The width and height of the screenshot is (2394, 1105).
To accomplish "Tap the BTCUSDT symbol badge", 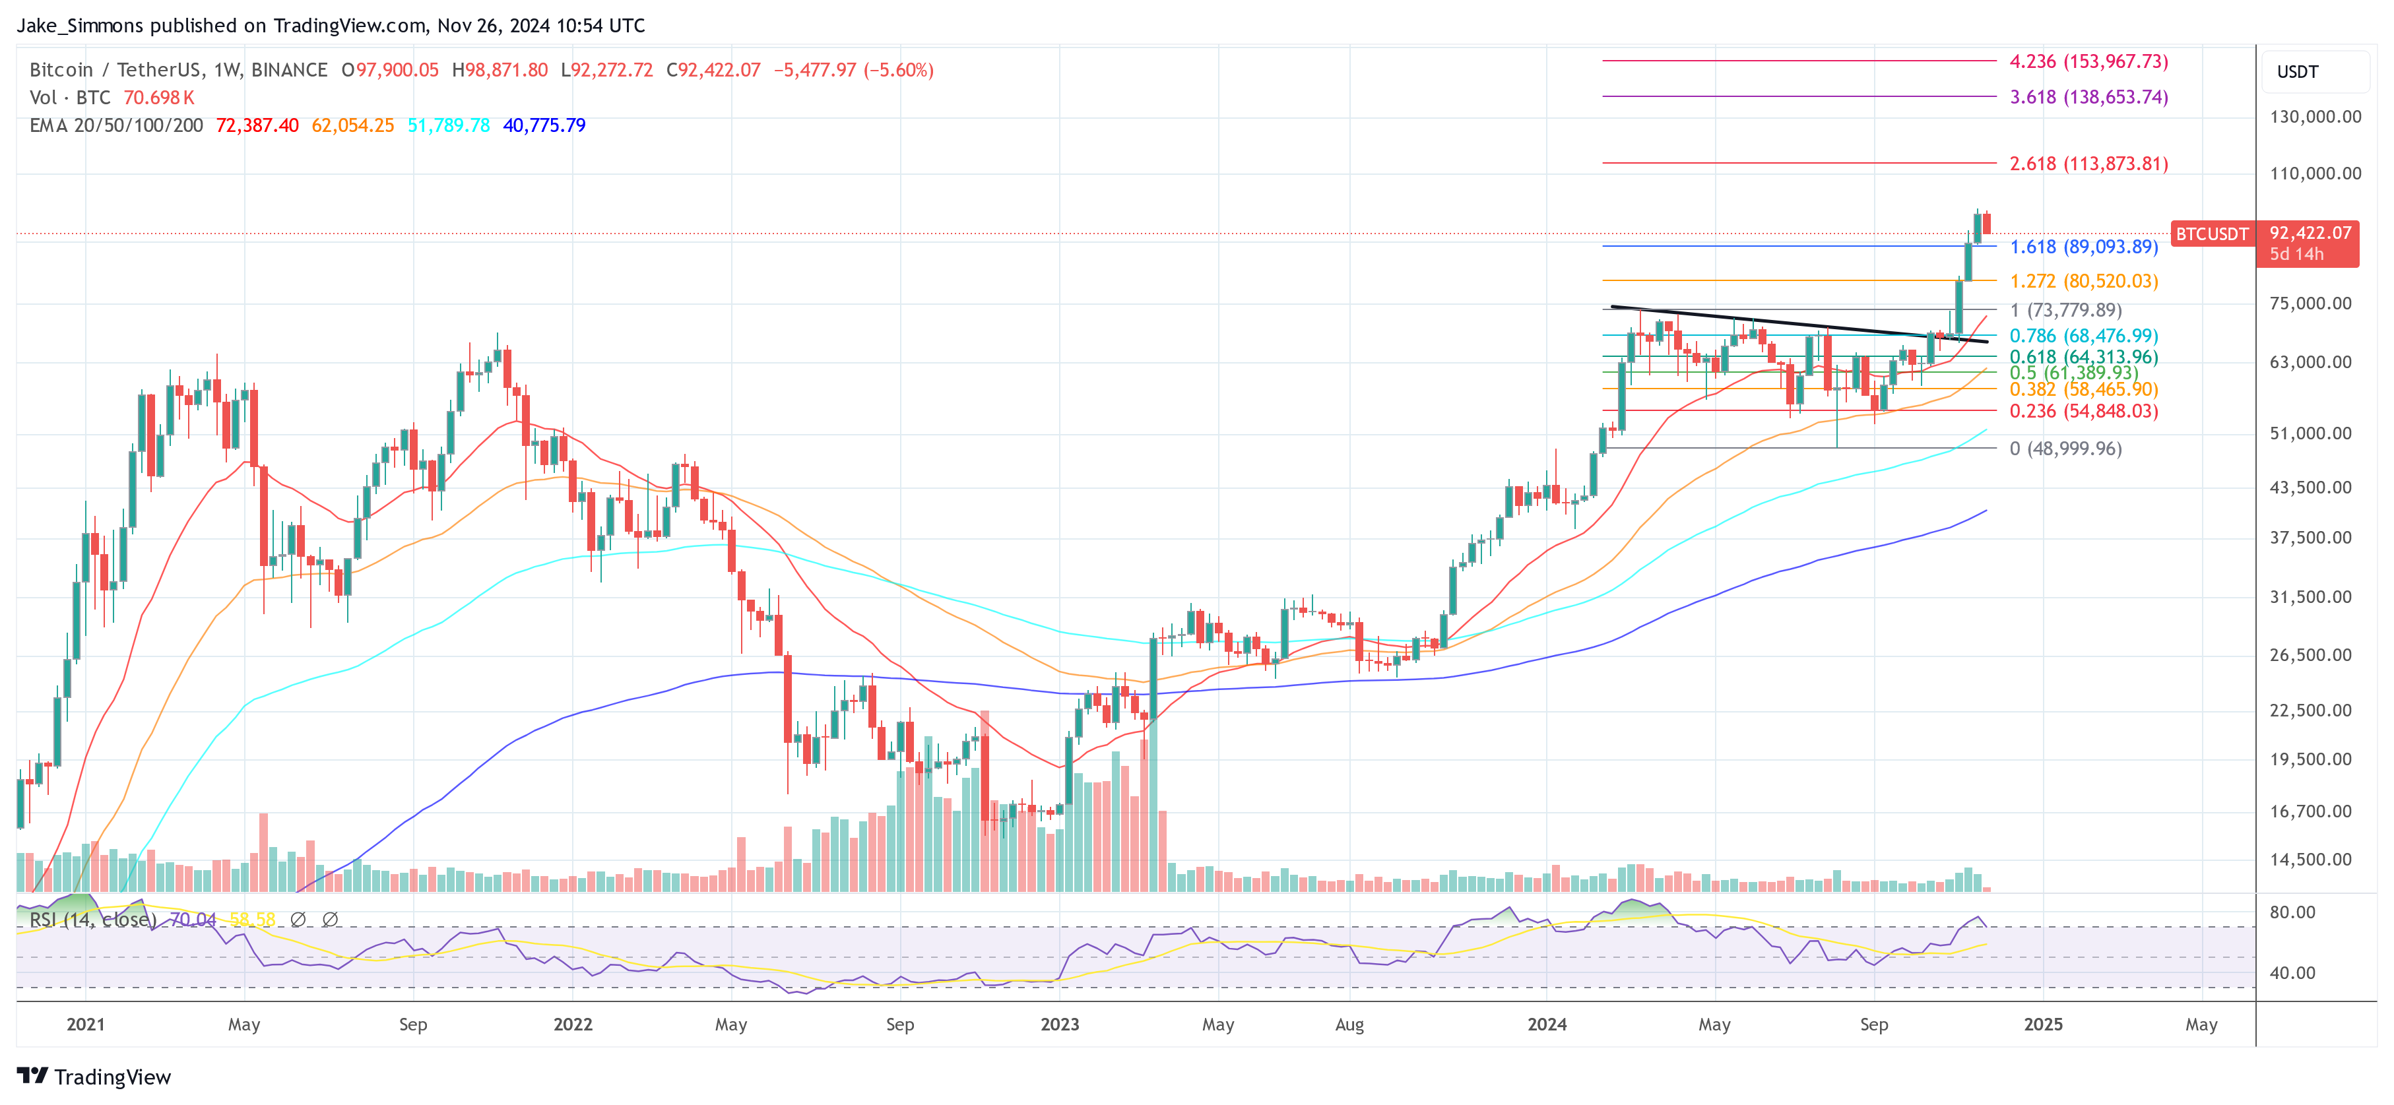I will pos(2211,234).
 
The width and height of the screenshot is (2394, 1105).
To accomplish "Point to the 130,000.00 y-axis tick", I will pos(2314,117).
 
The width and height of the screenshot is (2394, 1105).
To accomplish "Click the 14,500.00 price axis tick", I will pos(2314,860).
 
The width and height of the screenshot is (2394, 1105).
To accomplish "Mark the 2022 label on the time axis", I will pos(573,1024).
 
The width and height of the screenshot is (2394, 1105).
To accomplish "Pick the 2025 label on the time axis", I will pos(2043,1024).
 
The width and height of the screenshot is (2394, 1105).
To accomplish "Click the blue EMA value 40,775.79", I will pos(544,125).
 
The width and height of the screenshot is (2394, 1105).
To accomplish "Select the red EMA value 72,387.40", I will pos(257,125).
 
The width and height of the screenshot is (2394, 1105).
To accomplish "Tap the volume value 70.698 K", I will pos(159,98).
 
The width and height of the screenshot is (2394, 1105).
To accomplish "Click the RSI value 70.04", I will pos(193,919).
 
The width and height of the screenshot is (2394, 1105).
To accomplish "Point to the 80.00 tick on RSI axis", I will pos(2292,912).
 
